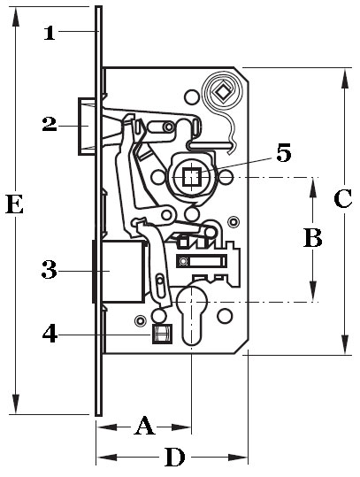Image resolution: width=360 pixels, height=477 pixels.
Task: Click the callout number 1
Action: [50, 33]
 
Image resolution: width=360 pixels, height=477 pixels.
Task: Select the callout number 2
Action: [50, 125]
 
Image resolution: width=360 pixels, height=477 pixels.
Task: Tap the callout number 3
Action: [50, 270]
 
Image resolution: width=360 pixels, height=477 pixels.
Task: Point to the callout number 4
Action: [50, 334]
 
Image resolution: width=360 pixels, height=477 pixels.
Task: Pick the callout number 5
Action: [284, 153]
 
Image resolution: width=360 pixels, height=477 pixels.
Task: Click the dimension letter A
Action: [144, 427]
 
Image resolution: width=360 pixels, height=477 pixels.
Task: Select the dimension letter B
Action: [313, 238]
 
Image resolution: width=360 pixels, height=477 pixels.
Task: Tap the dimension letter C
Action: [342, 198]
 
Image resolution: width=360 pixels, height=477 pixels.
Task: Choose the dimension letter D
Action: [175, 457]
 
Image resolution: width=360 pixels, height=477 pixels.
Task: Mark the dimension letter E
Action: [14, 204]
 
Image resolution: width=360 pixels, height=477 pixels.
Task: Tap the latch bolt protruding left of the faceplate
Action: [88, 127]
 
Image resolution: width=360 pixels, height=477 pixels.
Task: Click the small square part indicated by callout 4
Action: [162, 334]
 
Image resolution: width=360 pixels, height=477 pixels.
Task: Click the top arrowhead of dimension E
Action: [16, 18]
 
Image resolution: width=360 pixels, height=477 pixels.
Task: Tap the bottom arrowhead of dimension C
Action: [345, 343]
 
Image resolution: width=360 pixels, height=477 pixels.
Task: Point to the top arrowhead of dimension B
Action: [313, 188]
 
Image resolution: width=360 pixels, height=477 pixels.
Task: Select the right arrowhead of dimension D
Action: [238, 457]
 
